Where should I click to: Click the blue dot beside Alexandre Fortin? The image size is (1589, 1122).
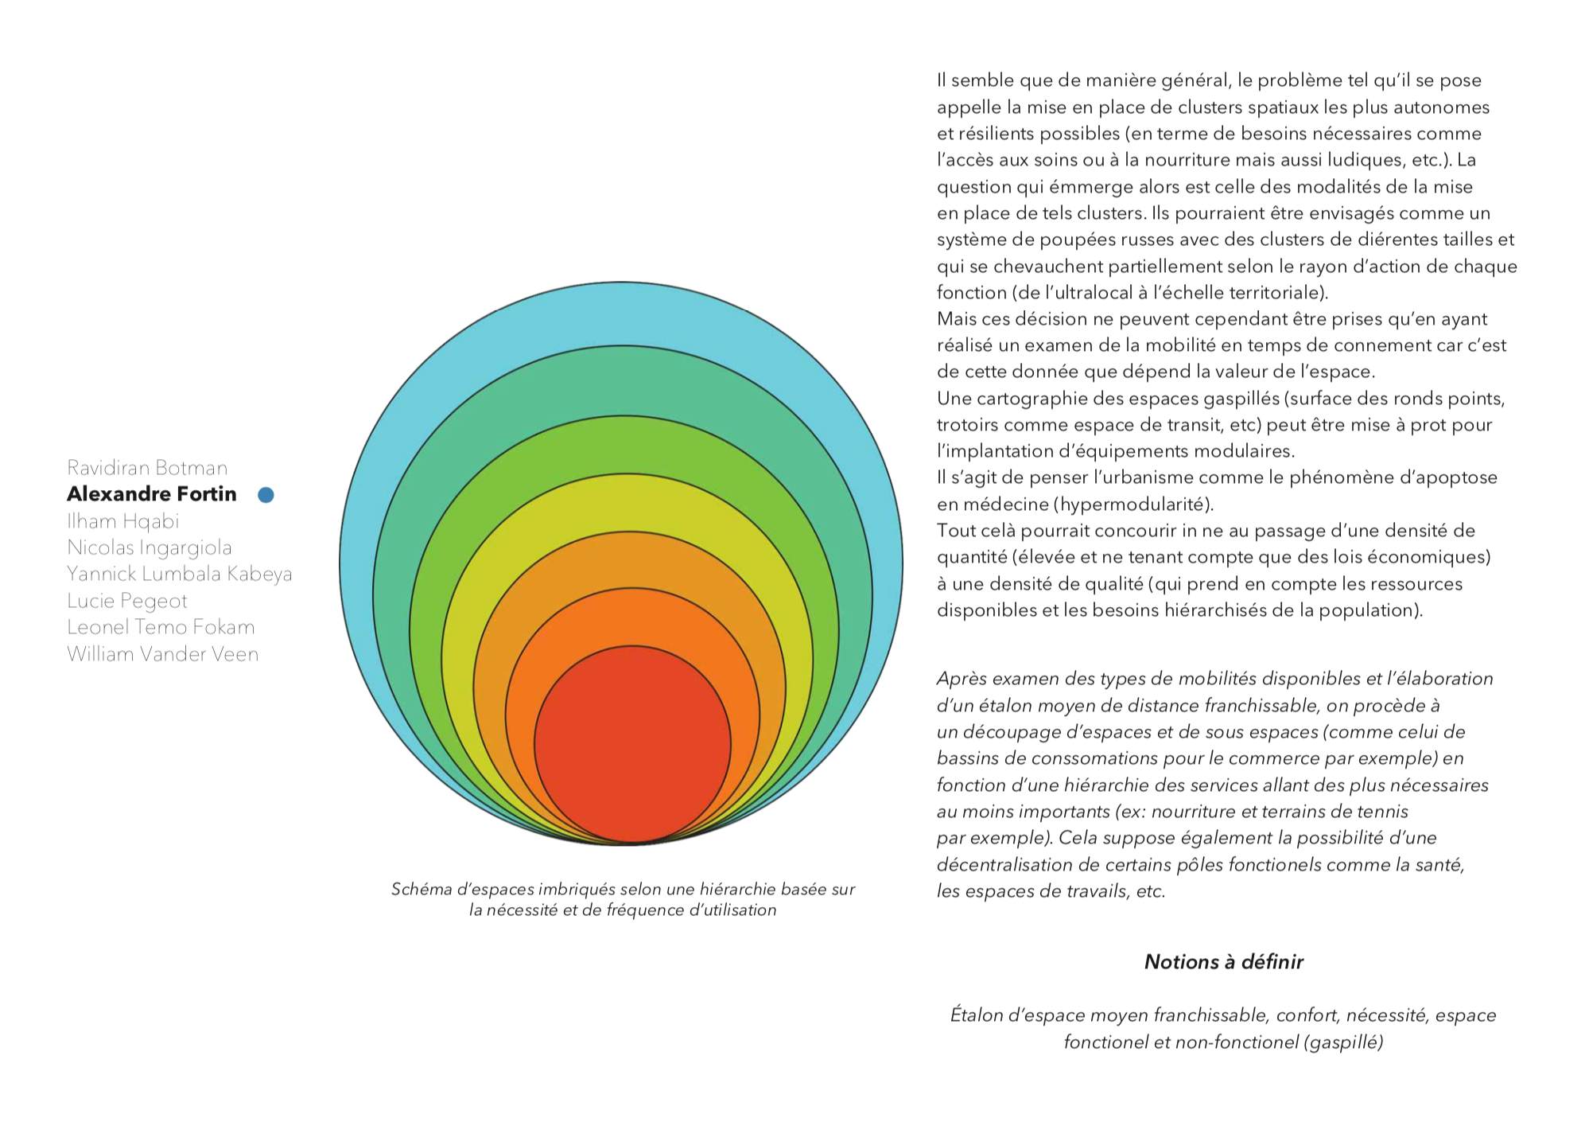coord(266,495)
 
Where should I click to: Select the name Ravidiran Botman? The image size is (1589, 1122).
coord(147,468)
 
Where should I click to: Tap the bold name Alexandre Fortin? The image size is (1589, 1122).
coord(152,494)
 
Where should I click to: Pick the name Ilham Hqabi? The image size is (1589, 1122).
coord(123,521)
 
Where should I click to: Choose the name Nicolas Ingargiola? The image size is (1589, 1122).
coord(150,547)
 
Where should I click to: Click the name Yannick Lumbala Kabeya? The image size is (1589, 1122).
coord(180,574)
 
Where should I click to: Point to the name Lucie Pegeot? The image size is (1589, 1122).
coord(127,601)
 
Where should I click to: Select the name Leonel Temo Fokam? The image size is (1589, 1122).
coord(161,627)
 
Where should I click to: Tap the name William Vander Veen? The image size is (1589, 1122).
coord(163,654)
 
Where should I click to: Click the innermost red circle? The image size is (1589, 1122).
coord(632,744)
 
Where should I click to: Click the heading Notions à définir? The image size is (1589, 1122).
coord(1223,962)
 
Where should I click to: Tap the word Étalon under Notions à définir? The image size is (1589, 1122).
coord(976,1015)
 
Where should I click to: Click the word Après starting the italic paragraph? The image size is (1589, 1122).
coord(962,680)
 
